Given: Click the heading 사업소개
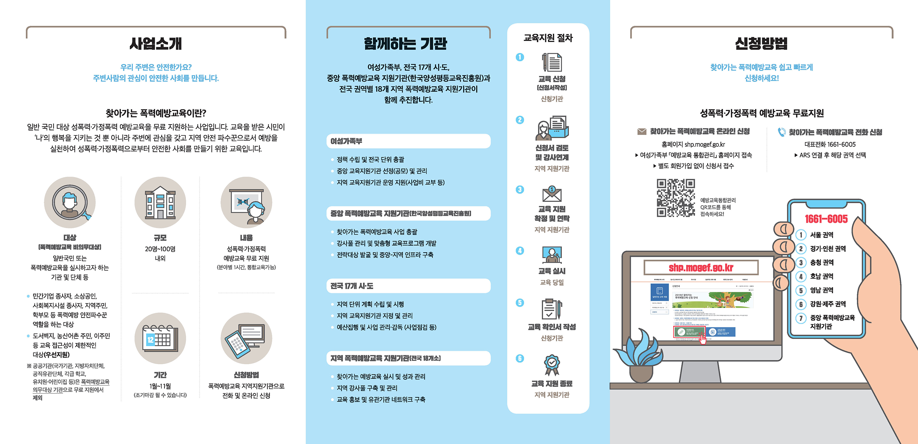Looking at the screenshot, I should click(156, 43).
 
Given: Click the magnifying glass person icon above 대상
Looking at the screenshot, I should click(70, 203).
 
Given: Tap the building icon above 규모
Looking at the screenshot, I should click(160, 203).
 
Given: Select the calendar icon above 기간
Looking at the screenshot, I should click(160, 339).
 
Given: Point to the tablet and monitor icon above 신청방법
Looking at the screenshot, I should click(246, 339).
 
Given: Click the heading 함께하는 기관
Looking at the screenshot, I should click(405, 43).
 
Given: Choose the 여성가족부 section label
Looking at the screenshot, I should click(346, 141).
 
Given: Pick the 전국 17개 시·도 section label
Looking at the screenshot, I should click(352, 286).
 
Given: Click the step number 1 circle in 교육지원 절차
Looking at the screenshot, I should click(520, 57).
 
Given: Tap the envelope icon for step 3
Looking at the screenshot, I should click(551, 194).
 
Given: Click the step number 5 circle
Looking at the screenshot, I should click(520, 303).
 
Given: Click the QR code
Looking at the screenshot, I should click(676, 198).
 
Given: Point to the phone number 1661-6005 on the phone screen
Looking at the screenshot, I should click(826, 219).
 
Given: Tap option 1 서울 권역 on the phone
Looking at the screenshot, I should click(821, 235).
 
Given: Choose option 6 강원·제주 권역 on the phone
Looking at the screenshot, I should click(828, 304).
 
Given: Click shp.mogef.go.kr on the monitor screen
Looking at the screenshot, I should click(701, 268).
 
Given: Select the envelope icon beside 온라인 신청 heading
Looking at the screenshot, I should click(642, 132).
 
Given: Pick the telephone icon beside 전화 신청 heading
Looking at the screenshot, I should click(781, 132).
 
